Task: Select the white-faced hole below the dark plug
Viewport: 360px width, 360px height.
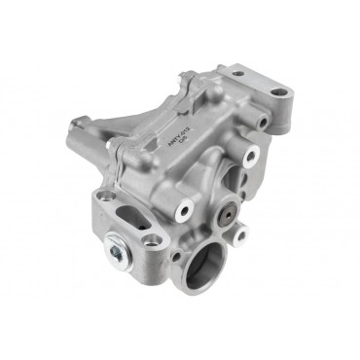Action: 241,234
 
